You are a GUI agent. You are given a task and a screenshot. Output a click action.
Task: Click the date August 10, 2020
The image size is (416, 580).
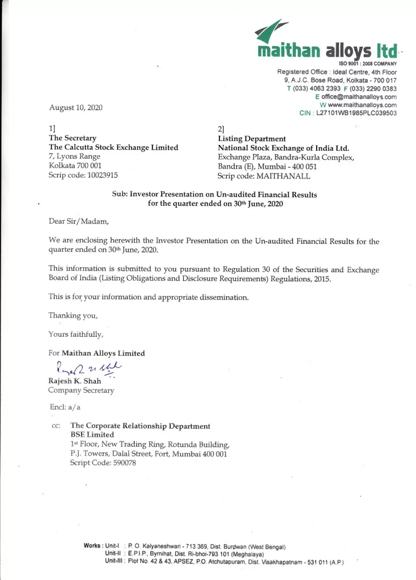[x=71, y=108]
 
